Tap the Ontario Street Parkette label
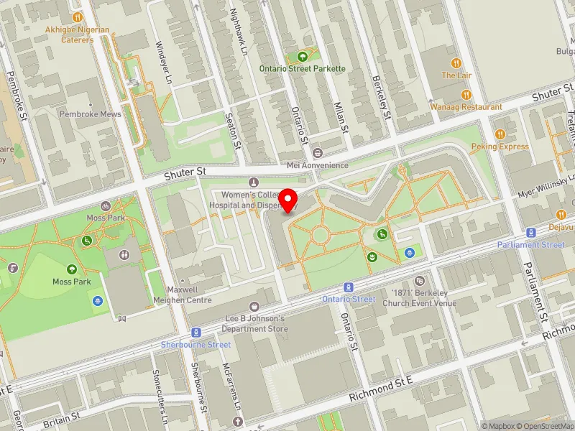pos(303,68)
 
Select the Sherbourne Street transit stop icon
pos(195,333)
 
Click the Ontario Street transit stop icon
pos(347,287)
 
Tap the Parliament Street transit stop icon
pos(530,233)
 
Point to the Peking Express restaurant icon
pos(500,134)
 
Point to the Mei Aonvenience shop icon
pos(317,153)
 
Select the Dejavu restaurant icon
pos(561,214)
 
